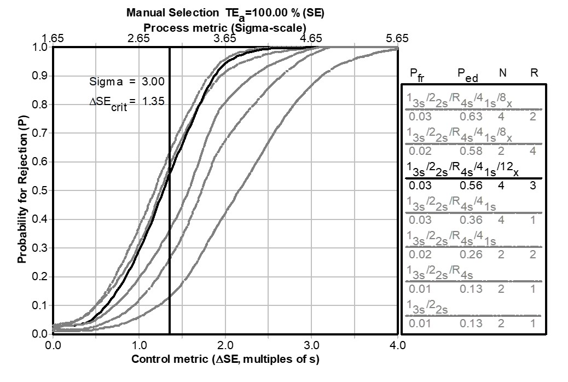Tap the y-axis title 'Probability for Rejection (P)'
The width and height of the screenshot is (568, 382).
(x=22, y=189)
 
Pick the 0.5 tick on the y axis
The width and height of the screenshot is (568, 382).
(x=40, y=190)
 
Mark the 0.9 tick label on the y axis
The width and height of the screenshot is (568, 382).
(x=40, y=76)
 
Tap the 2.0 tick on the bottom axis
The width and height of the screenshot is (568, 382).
(x=225, y=345)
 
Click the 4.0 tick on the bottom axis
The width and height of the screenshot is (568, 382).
(x=397, y=345)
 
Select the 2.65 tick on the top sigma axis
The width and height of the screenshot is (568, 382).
(x=138, y=38)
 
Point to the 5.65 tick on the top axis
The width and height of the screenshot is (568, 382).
(x=397, y=38)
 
